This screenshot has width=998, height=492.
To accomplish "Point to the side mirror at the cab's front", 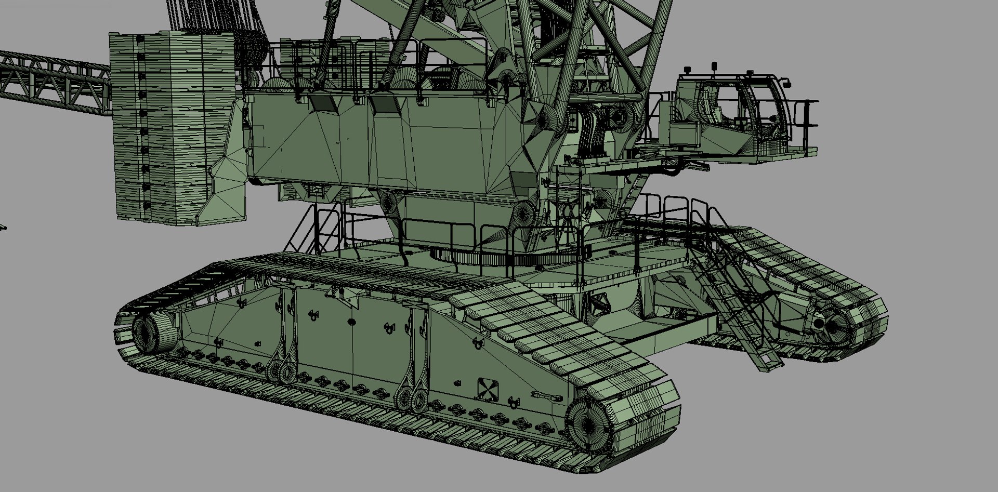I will click(788, 83).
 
